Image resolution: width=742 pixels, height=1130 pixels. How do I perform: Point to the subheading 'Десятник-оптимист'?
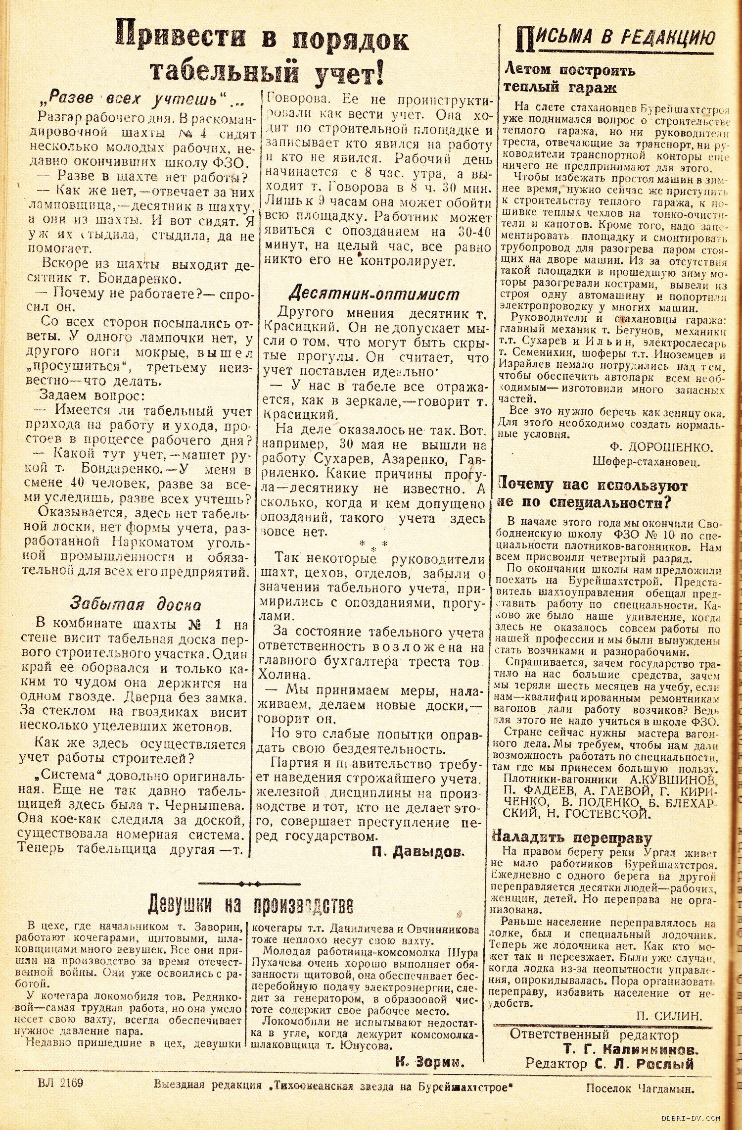click(x=374, y=294)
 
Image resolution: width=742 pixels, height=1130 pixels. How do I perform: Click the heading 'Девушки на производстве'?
click(x=251, y=904)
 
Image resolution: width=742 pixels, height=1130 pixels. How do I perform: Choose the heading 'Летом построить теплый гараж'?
click(x=569, y=79)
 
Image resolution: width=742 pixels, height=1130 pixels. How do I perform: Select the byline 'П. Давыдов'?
click(x=418, y=851)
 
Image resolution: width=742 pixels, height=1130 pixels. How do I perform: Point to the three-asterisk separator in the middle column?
click(x=374, y=546)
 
